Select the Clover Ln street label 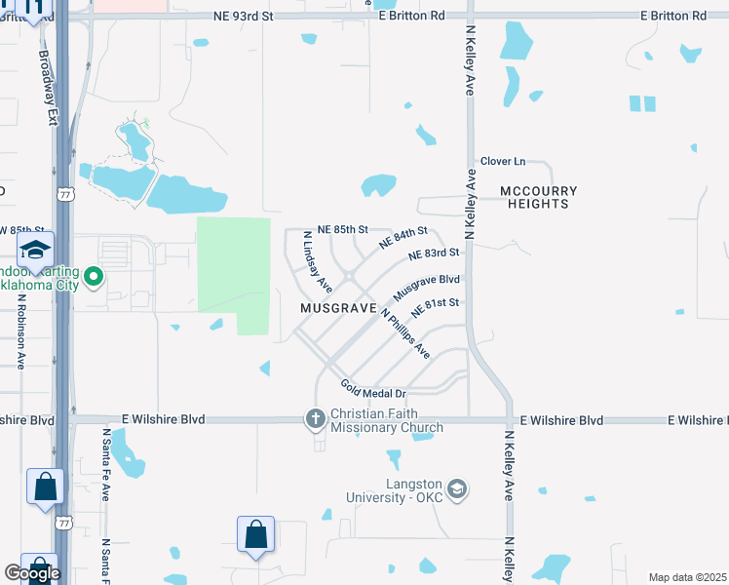pos(503,161)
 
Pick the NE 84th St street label pos(403,237)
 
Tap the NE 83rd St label pos(434,253)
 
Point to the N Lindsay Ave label pos(317,262)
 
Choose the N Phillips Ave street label pos(404,333)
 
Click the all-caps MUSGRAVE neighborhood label pos(338,307)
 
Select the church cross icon pos(315,419)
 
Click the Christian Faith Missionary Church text pos(387,420)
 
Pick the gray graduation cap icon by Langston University pos(458,488)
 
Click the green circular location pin pos(94,277)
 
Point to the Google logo pos(31,573)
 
